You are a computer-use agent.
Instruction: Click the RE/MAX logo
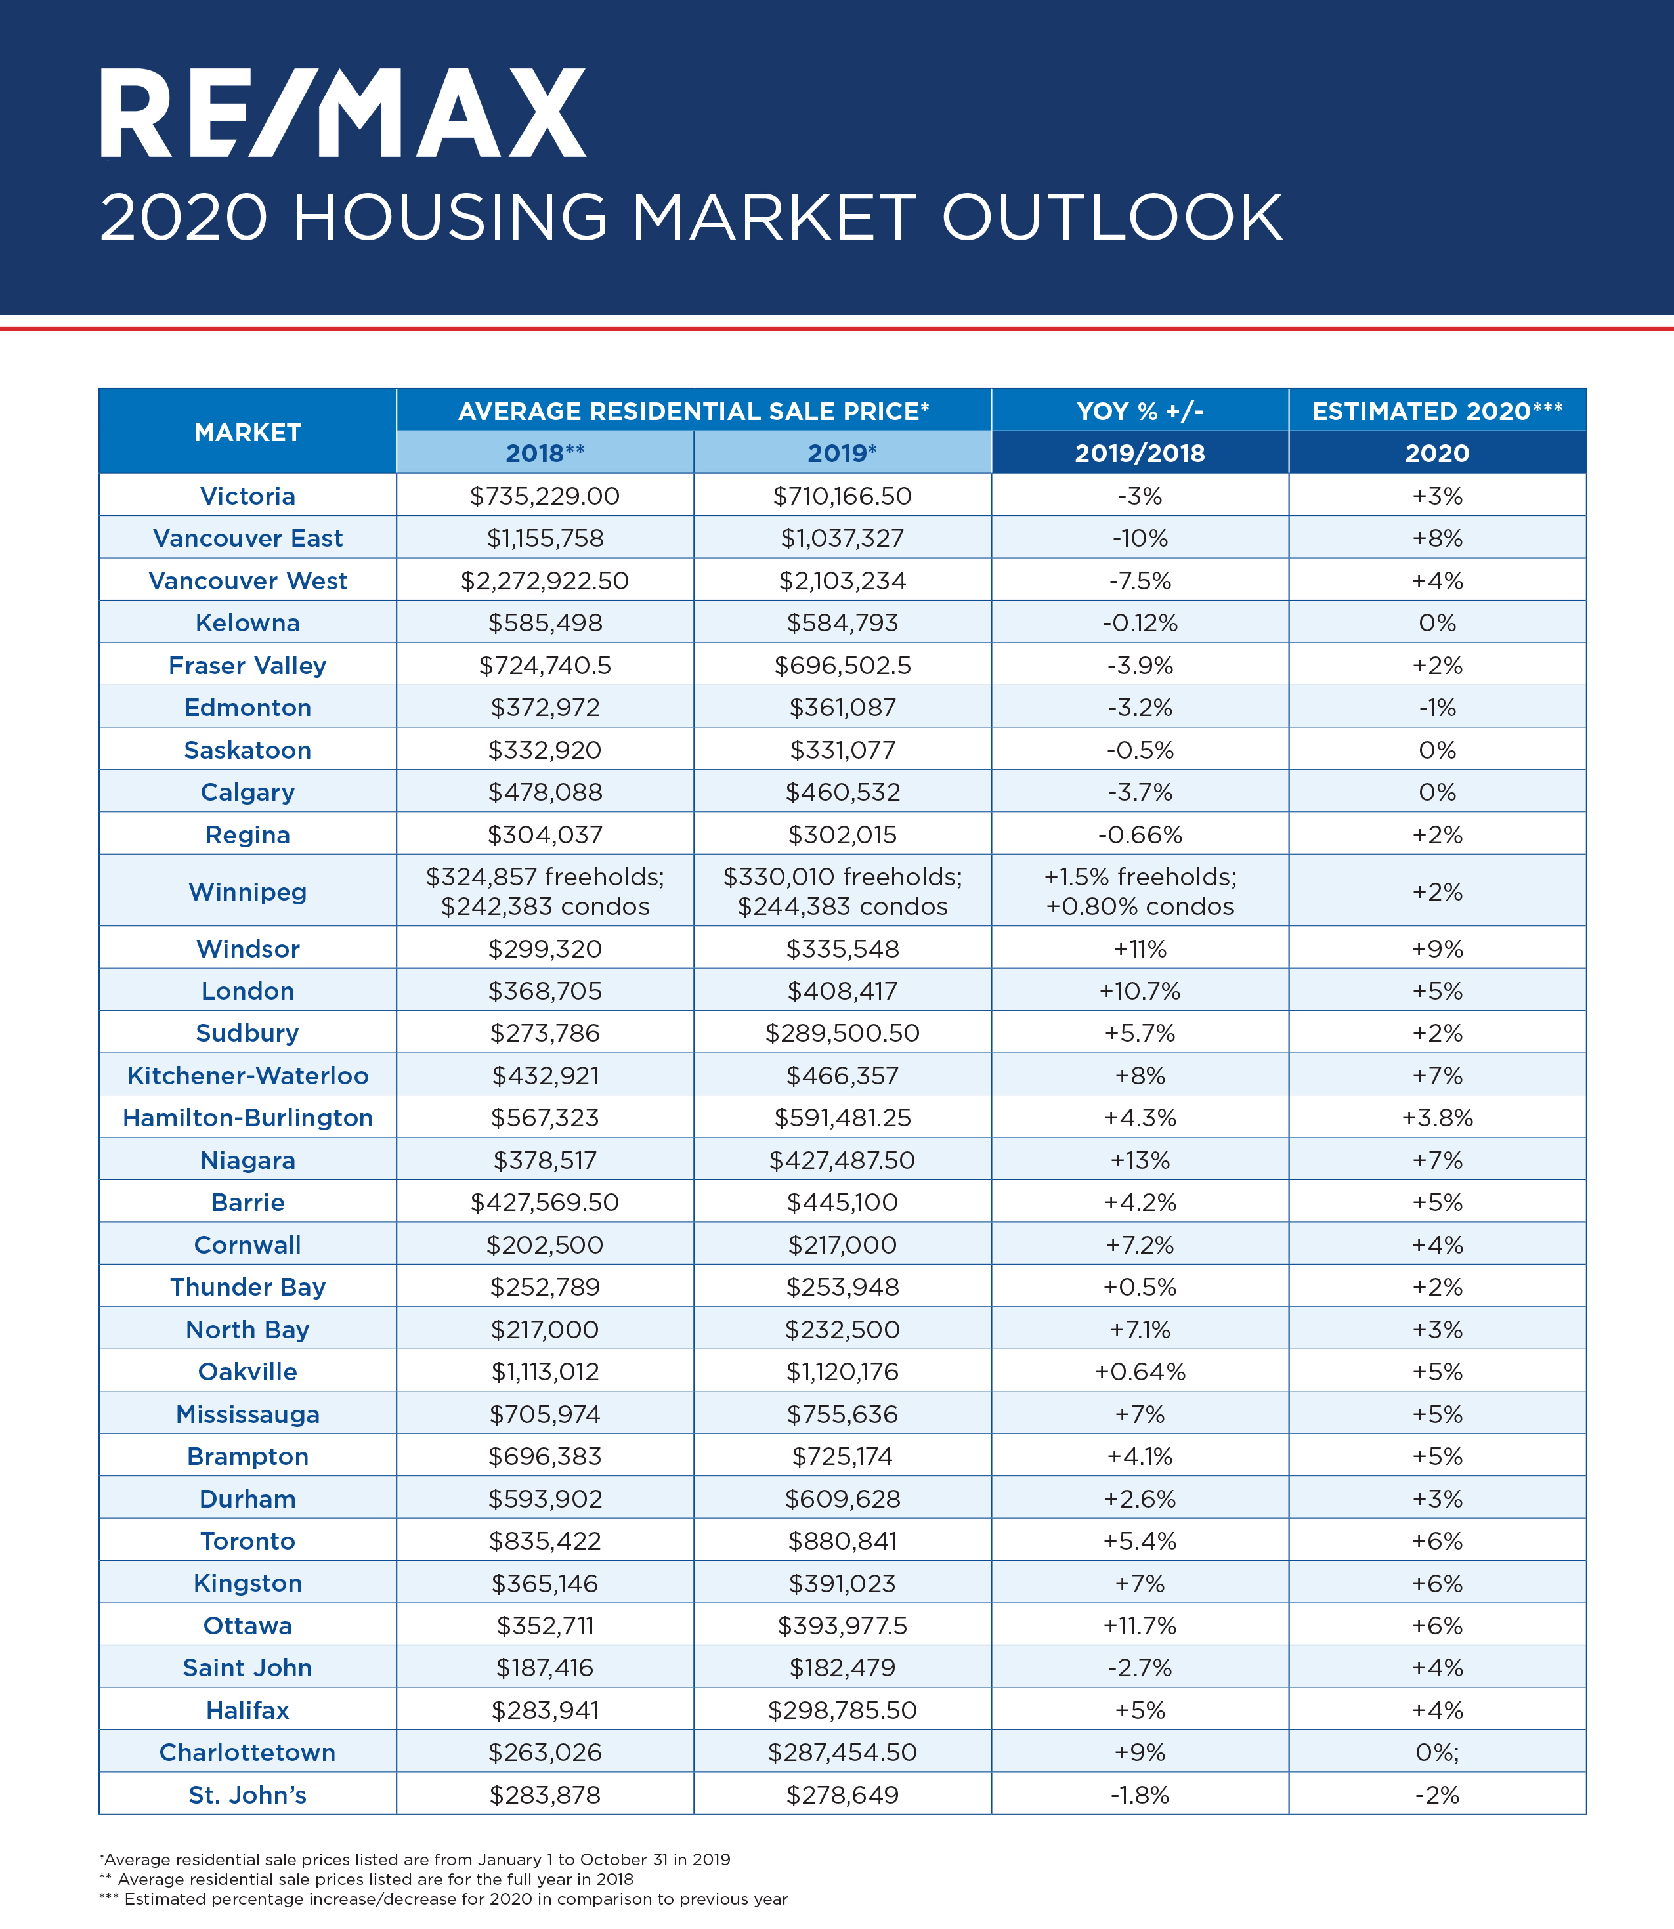[343, 113]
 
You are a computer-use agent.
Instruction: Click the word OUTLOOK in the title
[1111, 219]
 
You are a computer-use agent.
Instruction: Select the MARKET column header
[247, 433]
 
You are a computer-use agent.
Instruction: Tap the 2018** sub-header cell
[545, 453]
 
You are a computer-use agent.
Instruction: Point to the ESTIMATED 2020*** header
[1437, 411]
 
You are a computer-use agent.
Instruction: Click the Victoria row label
[247, 496]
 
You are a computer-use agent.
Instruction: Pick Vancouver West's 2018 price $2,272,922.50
[545, 581]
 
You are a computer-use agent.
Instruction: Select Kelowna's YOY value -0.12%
[1140, 623]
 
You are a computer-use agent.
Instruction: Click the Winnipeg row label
[247, 892]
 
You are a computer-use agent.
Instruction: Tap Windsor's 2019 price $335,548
[843, 949]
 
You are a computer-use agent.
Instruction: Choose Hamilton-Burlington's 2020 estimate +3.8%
[1437, 1118]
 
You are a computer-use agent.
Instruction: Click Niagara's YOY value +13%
[1140, 1160]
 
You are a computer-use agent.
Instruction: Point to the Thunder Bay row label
[247, 1287]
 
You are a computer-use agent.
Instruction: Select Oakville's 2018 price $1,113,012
[545, 1372]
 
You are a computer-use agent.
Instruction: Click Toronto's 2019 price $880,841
[843, 1541]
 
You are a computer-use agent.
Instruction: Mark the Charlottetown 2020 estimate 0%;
[1437, 1752]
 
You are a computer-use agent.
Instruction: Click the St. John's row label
[247, 1795]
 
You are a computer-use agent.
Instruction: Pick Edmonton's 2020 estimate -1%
[1437, 708]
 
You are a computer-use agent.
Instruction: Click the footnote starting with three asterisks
[444, 1899]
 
